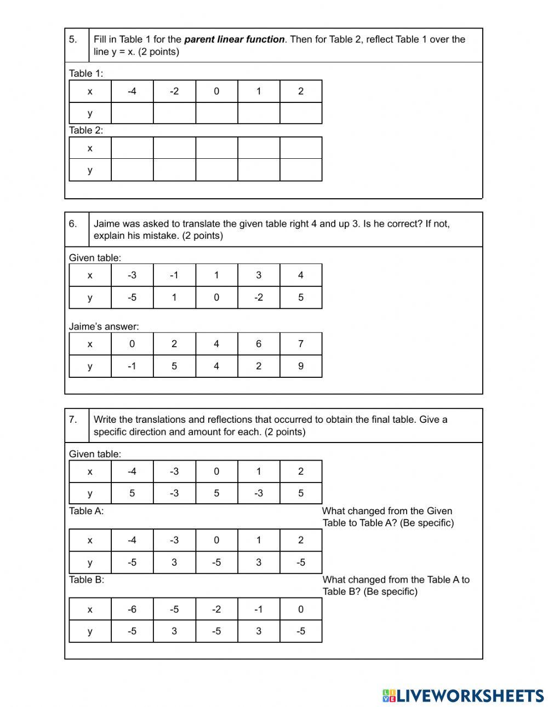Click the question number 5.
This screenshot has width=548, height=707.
pos(73,39)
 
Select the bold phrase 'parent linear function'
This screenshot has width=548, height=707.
pos(234,39)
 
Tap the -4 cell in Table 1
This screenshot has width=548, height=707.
pos(132,91)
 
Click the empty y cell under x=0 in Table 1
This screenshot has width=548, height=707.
pos(216,113)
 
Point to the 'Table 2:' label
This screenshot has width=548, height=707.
pos(86,130)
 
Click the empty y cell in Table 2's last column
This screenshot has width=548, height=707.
pos(301,170)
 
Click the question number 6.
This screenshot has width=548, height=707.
pos(73,223)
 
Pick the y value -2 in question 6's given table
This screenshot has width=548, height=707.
pos(259,297)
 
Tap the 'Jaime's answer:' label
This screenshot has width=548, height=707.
pos(104,326)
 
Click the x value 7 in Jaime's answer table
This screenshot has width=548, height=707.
pos(301,344)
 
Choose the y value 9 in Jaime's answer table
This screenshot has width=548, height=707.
pos(301,366)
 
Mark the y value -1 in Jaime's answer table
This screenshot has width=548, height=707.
pos(132,366)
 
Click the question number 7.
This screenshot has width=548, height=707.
pos(73,419)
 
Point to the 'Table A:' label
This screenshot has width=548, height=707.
pos(86,511)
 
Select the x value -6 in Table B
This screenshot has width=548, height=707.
pos(132,609)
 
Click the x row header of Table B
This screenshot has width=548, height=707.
pos(90,609)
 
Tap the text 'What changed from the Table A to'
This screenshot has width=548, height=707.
pos(396,579)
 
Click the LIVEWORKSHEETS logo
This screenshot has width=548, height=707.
pos(463,695)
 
